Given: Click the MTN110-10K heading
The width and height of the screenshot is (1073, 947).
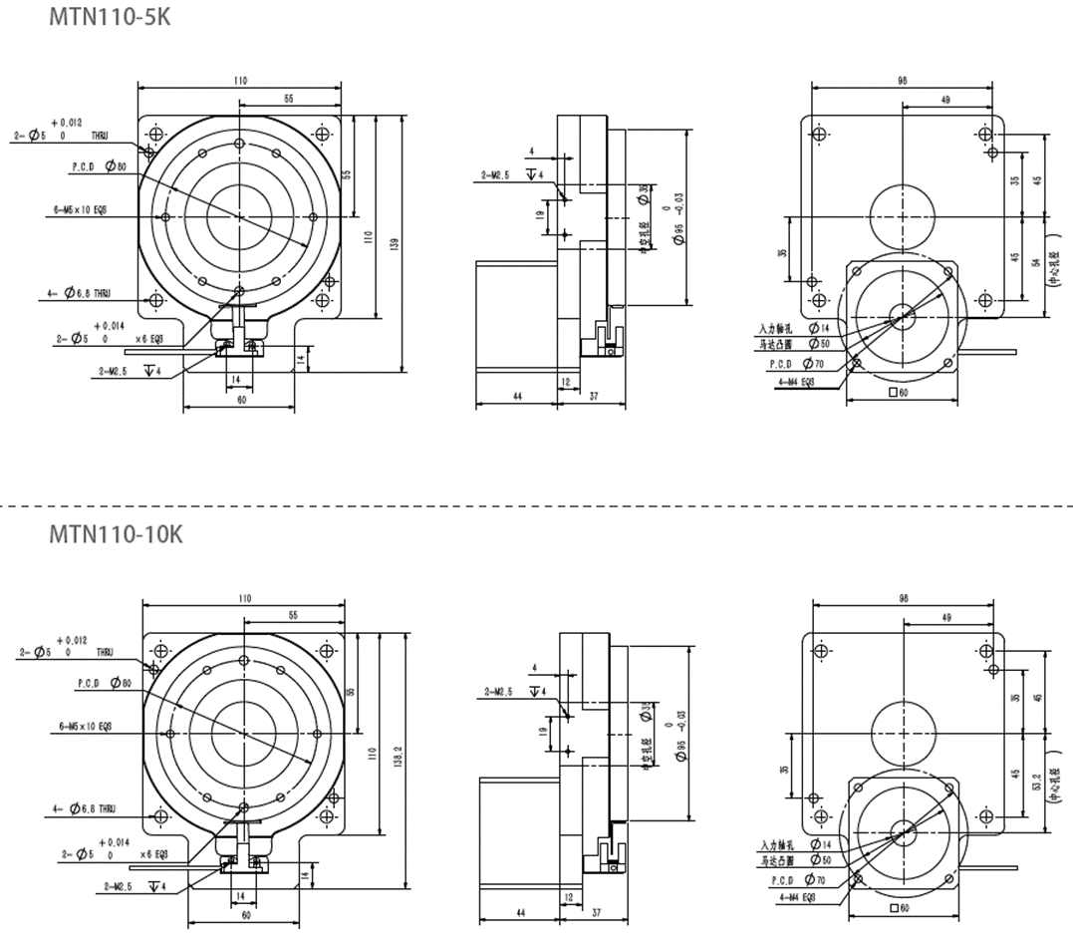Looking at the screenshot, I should pos(116,535).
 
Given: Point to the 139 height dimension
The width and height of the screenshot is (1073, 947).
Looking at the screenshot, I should pos(397,243).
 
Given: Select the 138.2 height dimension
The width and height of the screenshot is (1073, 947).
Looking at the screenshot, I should pos(399,761).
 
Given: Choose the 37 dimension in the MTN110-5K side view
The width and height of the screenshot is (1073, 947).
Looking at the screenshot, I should pos(594,397).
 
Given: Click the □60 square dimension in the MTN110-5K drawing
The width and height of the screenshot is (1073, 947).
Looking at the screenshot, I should pos(901,393).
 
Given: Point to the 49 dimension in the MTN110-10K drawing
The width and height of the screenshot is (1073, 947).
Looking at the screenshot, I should pos(945,618).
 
